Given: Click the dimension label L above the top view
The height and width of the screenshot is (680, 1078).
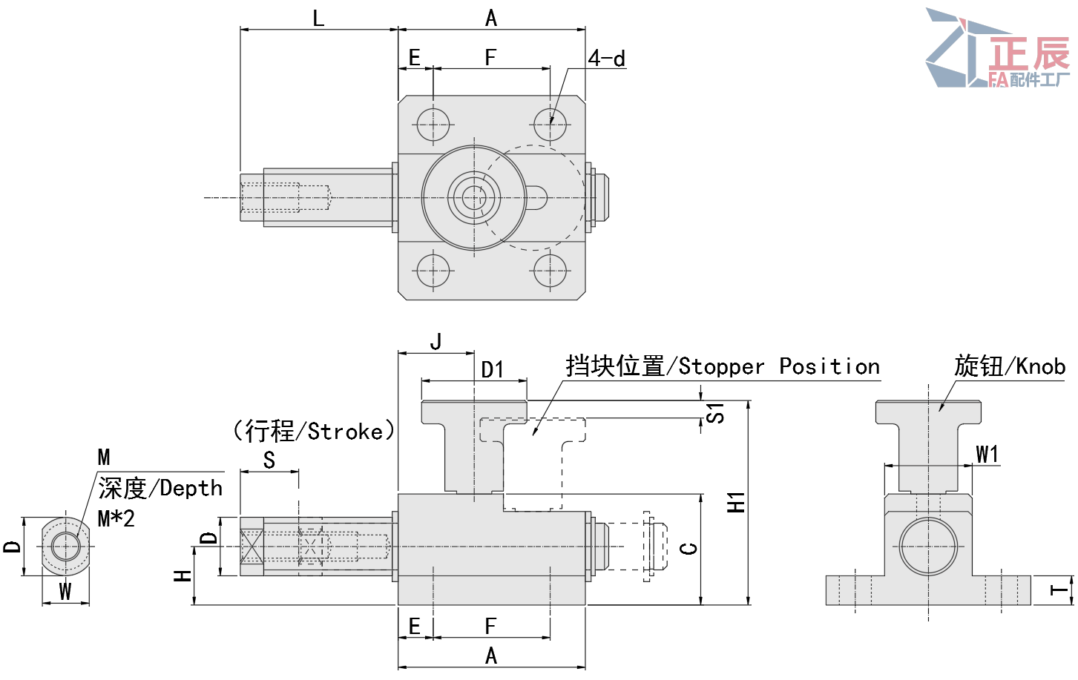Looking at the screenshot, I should [318, 18].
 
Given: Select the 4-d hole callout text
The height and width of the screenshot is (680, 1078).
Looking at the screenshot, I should [606, 58].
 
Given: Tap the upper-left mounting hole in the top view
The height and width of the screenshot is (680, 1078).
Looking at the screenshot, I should [433, 125].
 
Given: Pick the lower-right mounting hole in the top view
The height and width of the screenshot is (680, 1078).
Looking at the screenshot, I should [550, 271].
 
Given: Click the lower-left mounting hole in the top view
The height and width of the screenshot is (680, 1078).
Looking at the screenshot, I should [433, 271].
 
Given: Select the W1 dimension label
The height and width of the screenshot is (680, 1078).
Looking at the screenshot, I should [987, 454].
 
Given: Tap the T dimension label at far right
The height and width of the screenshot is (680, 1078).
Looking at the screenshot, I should [1060, 591].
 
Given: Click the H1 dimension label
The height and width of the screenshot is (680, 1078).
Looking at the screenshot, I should [736, 502].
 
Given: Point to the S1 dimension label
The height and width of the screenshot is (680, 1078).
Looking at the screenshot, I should [714, 413].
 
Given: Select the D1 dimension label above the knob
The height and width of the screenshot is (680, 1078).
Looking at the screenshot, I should [492, 369].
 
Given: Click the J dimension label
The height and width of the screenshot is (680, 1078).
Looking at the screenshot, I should [436, 342].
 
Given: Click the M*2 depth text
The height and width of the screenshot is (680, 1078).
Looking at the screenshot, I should [116, 518].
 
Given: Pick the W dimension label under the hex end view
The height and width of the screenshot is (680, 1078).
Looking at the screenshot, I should [65, 592].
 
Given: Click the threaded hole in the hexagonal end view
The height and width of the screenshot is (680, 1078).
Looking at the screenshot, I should [66, 547].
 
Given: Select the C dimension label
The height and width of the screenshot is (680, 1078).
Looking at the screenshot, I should [689, 549].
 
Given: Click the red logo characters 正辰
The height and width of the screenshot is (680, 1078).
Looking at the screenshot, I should [1029, 53].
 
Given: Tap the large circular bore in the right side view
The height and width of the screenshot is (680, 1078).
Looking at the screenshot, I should [928, 547].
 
